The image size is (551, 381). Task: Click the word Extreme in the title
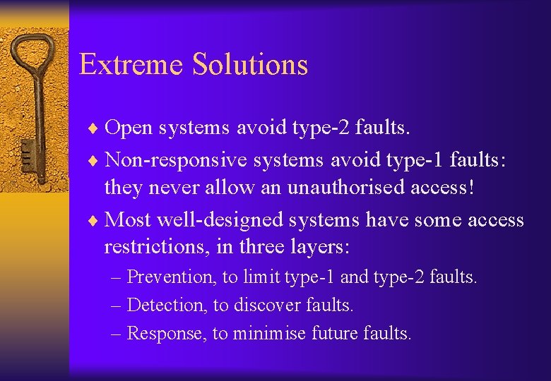coord(131,64)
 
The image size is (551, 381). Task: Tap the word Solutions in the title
coord(250,64)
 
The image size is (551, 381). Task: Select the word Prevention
coord(170,277)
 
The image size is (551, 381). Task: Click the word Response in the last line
coord(166,333)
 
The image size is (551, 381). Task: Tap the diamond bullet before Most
coord(95,220)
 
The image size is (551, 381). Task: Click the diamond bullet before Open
coord(95,128)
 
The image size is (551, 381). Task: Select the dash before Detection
coord(117,306)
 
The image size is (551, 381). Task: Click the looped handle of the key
coord(34,53)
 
